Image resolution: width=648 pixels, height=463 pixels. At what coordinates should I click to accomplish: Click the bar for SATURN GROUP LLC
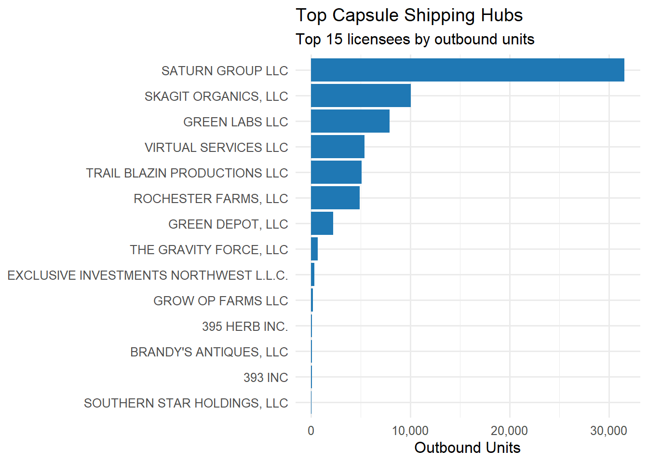[x=467, y=70]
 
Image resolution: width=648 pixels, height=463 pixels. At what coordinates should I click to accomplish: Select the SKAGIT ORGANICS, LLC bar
[x=361, y=95]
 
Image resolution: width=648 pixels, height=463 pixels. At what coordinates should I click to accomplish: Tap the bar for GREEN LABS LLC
[x=350, y=121]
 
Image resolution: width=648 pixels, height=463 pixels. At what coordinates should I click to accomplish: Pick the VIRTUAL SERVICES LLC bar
[x=337, y=147]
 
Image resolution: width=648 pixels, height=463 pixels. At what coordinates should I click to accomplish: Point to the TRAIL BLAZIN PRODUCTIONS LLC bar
[x=336, y=172]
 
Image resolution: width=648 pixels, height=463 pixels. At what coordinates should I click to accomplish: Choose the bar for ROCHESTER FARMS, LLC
[x=335, y=198]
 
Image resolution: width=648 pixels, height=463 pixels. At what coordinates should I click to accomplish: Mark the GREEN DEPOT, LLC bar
[x=322, y=223]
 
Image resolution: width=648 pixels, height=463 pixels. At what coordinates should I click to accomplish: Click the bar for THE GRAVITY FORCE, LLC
[x=314, y=249]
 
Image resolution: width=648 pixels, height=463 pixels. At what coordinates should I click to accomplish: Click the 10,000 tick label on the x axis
[x=410, y=431]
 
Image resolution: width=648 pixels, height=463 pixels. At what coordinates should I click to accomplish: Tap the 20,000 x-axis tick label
[x=510, y=431]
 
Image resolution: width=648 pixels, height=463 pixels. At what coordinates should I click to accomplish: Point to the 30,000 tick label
[x=609, y=431]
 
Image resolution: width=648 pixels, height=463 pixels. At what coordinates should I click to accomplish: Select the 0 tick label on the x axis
[x=311, y=431]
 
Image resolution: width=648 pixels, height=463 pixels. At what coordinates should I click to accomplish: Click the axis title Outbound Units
[x=467, y=448]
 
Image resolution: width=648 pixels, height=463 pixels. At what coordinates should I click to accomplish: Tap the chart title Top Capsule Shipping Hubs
[x=409, y=15]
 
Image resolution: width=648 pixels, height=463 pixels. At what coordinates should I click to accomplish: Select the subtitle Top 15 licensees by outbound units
[x=415, y=39]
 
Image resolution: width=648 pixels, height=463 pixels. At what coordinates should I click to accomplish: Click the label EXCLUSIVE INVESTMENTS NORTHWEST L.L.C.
[x=148, y=275]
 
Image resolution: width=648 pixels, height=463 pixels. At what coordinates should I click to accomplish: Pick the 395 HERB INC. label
[x=245, y=327]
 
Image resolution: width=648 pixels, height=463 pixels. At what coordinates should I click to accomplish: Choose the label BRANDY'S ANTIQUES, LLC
[x=209, y=352]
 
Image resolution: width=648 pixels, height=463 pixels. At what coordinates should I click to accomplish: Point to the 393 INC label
[x=266, y=378]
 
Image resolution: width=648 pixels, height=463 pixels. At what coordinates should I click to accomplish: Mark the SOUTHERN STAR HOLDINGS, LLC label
[x=186, y=403]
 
